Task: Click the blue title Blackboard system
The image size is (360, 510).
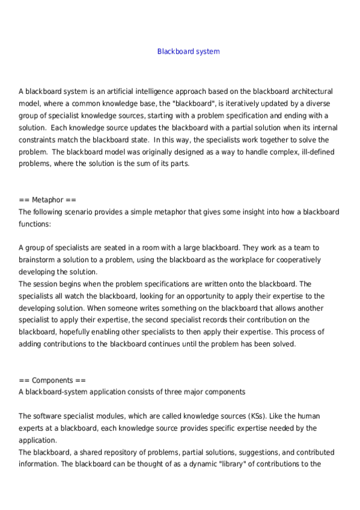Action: coord(188,52)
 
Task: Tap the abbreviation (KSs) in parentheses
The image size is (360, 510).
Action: coord(237,416)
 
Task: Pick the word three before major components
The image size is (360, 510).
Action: coord(168,392)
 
